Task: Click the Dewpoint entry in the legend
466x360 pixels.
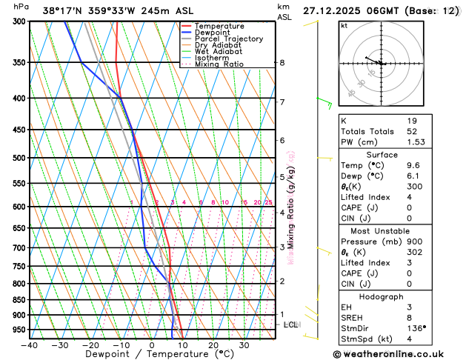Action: [212, 33]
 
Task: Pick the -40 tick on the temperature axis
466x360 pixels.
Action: [30, 345]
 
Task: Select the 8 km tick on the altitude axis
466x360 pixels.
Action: [282, 63]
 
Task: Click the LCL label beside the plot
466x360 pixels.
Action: [291, 324]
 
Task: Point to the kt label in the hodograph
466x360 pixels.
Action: [344, 26]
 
